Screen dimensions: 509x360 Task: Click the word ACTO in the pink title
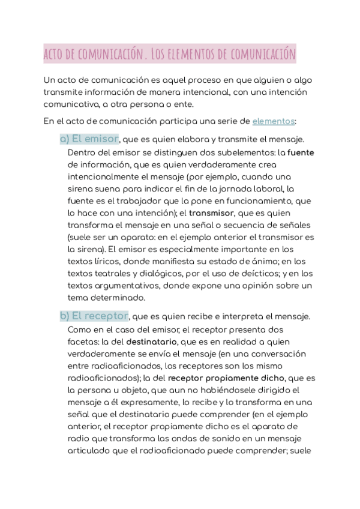[55, 55]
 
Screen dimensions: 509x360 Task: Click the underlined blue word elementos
[274, 121]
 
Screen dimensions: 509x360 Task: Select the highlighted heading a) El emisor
[89, 139]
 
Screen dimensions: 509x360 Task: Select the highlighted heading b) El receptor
[94, 316]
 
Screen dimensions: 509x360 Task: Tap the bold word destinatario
[152, 341]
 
